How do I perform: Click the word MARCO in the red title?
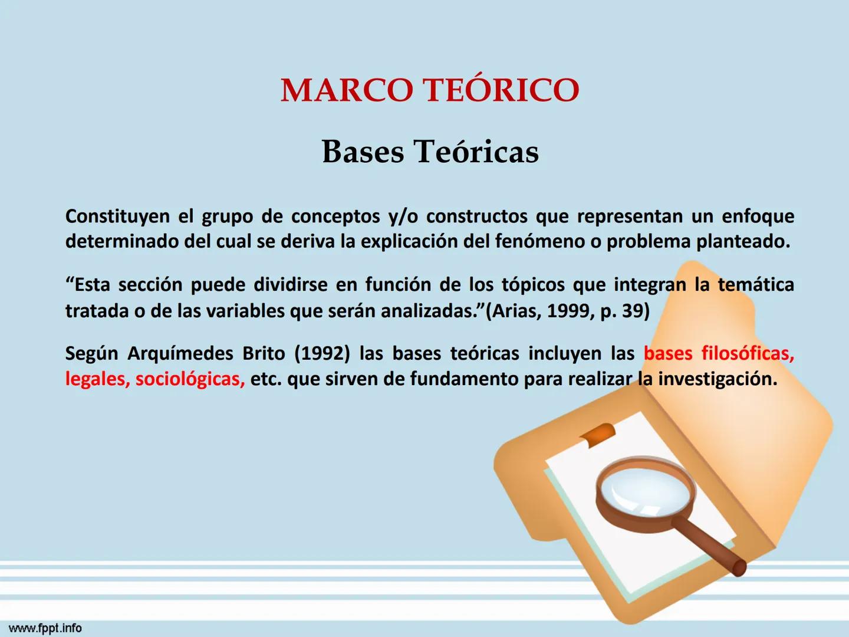click(347, 90)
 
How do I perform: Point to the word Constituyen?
click(117, 216)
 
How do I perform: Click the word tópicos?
click(533, 285)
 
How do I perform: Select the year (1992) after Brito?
click(322, 353)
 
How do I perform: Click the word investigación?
click(717, 379)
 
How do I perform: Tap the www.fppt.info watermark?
click(45, 628)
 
